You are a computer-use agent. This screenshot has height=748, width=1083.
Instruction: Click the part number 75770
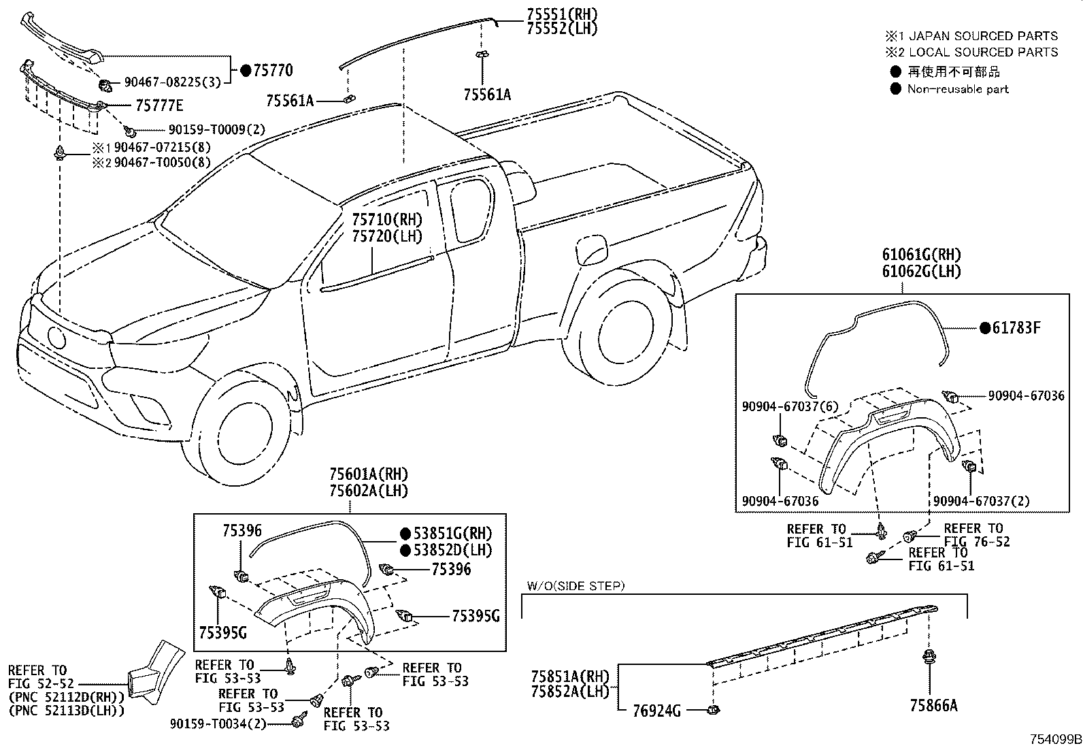pos(271,70)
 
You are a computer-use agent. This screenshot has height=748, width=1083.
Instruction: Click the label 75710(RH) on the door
pos(386,220)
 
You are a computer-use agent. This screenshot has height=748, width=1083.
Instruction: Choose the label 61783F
pos(1016,328)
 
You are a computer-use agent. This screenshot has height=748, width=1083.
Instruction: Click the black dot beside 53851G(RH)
pos(405,534)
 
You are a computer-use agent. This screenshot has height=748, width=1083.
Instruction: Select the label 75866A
pos(933,706)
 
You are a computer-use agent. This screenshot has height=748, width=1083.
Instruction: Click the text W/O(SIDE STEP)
pos(576,585)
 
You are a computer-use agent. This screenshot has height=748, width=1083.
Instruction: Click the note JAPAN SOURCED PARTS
pos(983,36)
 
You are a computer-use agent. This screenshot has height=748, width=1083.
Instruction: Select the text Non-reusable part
pos(958,89)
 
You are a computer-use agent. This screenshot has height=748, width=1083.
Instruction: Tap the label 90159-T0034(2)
pos(218,724)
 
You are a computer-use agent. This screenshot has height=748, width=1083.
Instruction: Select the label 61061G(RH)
pos(922,255)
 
